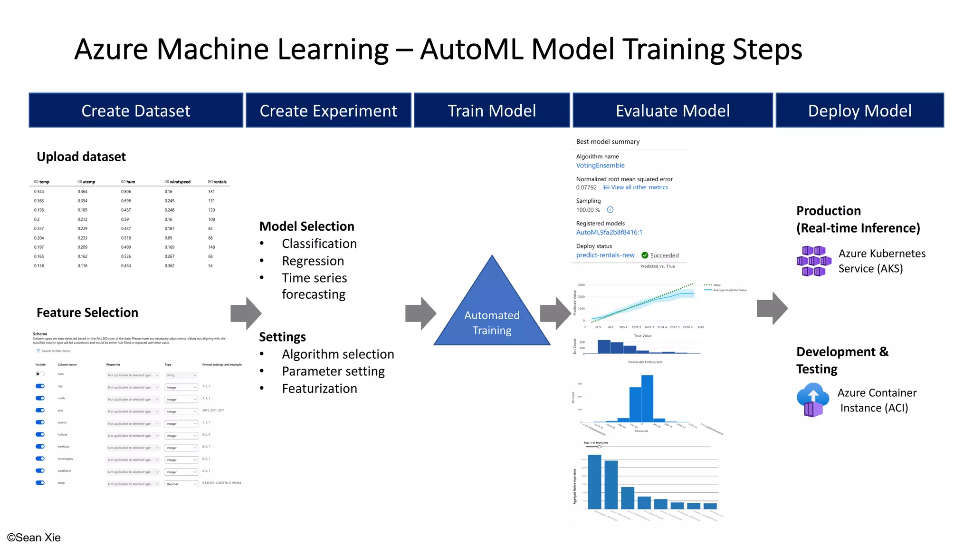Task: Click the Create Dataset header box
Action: [x=136, y=110]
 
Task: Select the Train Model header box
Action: [x=492, y=110]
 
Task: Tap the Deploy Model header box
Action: [x=859, y=110]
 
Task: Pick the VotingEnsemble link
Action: [x=600, y=166]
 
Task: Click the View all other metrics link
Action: [x=639, y=187]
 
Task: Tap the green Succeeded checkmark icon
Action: [x=645, y=255]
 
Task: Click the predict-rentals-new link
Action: [x=605, y=255]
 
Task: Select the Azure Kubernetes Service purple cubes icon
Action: [x=813, y=261]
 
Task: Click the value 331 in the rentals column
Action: [x=211, y=192]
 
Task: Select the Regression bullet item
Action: [x=313, y=261]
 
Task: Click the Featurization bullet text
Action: [x=319, y=389]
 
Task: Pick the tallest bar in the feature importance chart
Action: [x=594, y=481]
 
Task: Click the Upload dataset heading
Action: [x=81, y=157]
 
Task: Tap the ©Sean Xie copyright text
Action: [x=34, y=538]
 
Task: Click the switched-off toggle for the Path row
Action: [x=40, y=374]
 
